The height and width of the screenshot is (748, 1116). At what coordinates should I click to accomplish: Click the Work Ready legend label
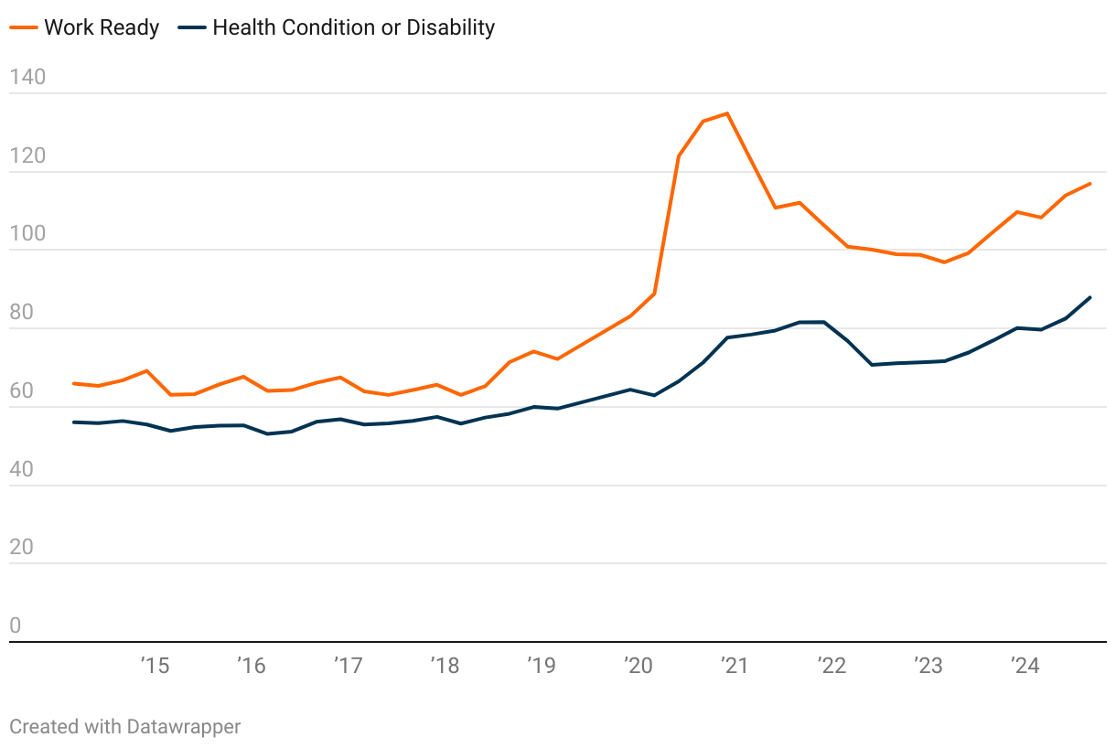click(102, 27)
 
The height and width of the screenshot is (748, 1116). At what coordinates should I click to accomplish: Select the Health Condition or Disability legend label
click(353, 27)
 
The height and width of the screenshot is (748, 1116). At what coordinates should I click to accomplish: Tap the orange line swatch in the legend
click(24, 27)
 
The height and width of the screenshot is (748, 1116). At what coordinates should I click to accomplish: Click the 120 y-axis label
click(27, 155)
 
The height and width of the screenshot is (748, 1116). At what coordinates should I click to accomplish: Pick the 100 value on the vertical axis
click(27, 234)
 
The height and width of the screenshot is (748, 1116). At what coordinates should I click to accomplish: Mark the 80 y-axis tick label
click(21, 313)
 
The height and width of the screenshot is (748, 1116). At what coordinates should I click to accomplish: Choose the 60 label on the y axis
click(21, 391)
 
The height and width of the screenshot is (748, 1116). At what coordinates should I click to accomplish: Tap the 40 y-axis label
click(21, 469)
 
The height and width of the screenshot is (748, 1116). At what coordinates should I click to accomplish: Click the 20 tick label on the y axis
click(21, 548)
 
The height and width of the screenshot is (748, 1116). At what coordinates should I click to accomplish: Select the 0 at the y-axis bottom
click(16, 626)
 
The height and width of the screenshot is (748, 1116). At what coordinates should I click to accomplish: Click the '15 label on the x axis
click(155, 666)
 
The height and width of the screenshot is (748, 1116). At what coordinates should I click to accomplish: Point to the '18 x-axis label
click(445, 666)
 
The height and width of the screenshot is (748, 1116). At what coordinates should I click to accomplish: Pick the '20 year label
click(638, 666)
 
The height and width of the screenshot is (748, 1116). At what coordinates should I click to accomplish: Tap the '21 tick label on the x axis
click(735, 666)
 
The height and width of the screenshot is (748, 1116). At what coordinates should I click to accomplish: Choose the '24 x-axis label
click(1025, 666)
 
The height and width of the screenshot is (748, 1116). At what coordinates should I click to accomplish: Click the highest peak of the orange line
click(727, 113)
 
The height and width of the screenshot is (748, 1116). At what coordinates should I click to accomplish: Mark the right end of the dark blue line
click(1090, 297)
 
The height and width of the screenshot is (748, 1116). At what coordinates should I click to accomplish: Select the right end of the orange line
click(1090, 184)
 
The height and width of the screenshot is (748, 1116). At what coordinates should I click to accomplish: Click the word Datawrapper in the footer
click(184, 727)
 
